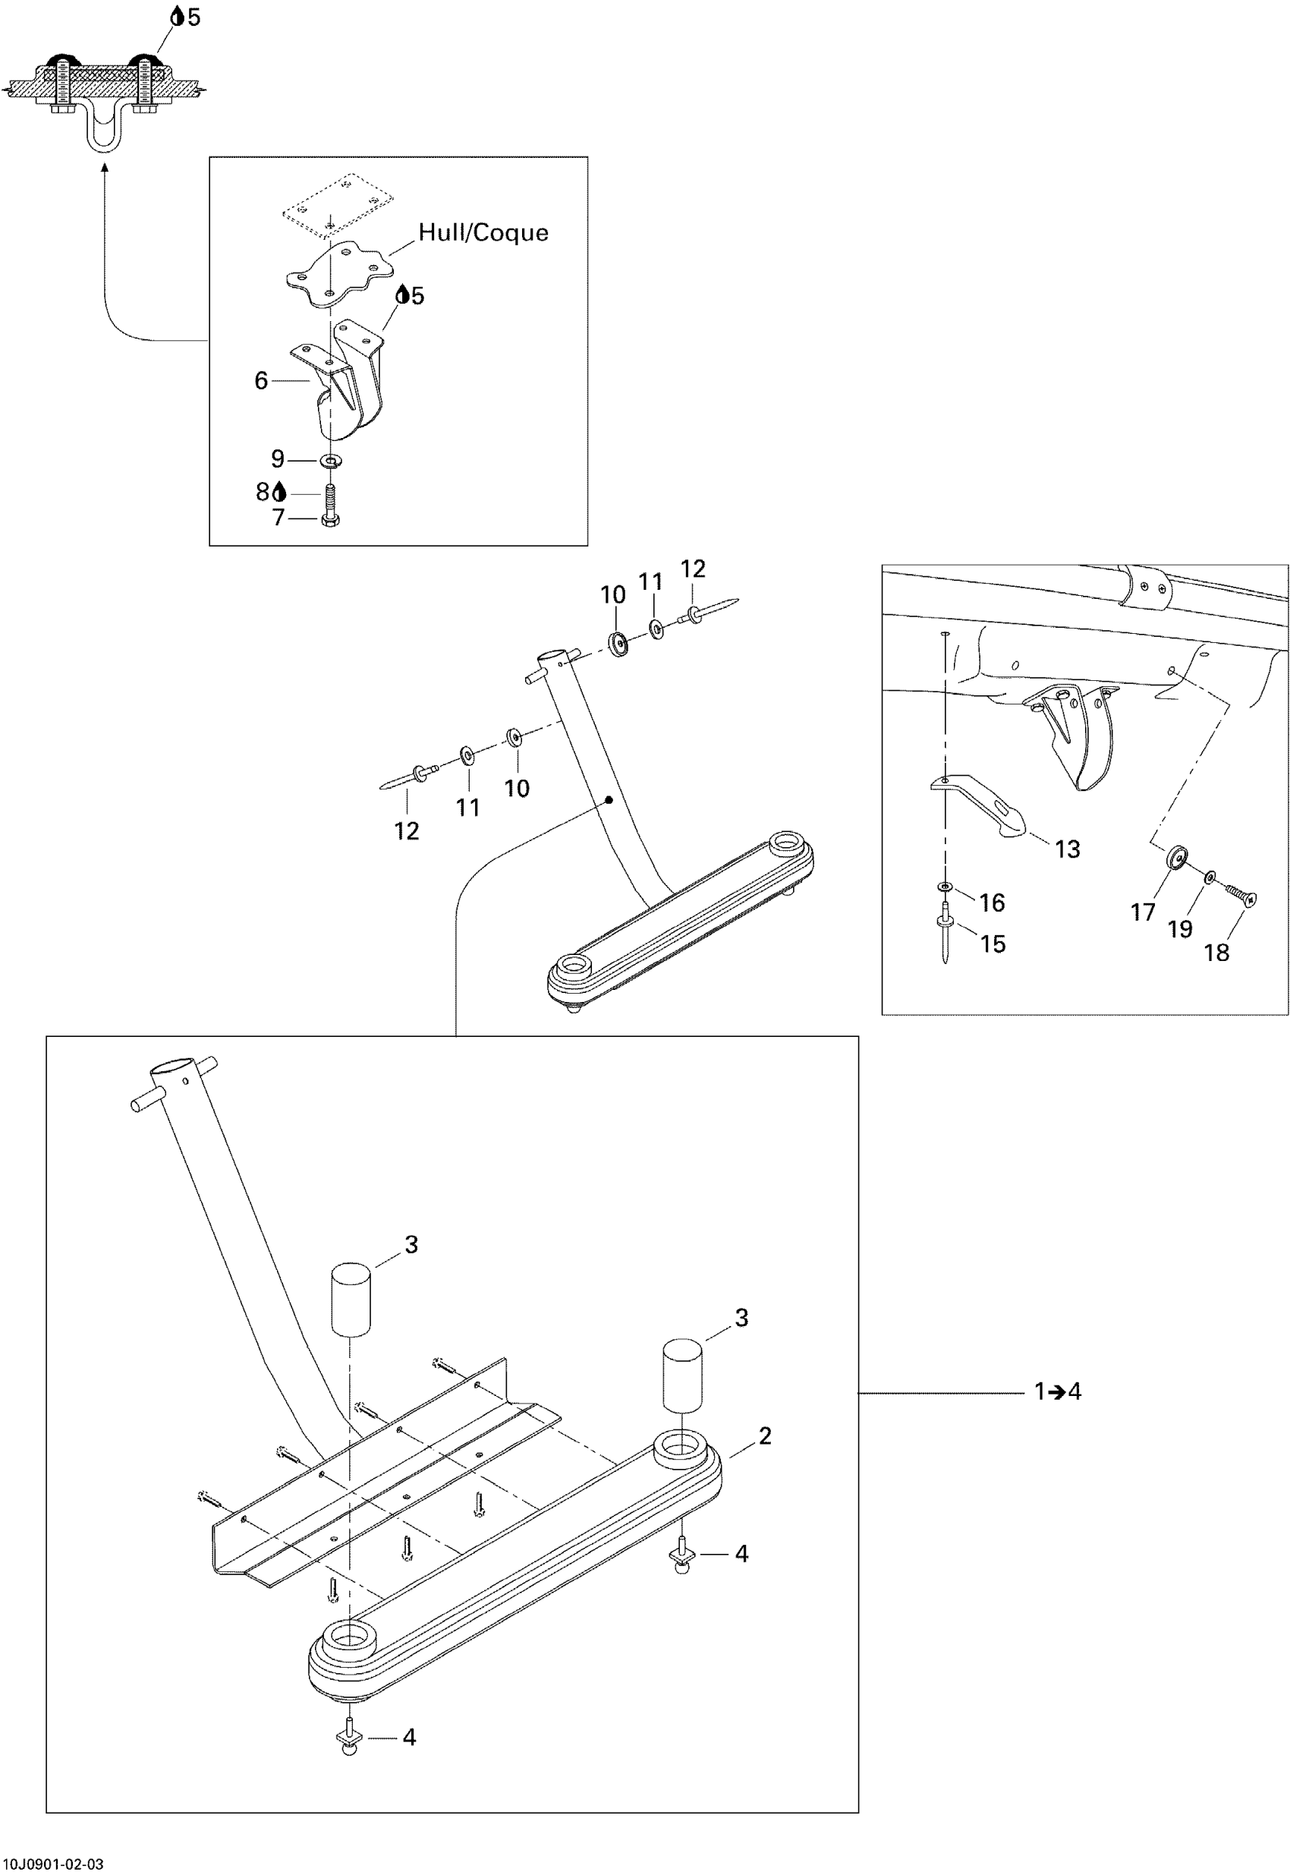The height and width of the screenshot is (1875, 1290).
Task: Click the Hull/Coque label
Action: click(x=483, y=233)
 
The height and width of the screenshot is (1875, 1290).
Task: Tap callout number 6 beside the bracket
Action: click(x=261, y=381)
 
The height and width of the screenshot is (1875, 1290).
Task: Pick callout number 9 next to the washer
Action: click(x=277, y=459)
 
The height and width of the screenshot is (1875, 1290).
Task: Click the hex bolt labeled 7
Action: click(x=330, y=517)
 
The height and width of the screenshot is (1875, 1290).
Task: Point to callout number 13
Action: click(x=1067, y=849)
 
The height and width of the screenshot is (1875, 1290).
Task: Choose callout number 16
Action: click(x=992, y=903)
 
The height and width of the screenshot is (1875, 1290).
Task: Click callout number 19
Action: click(x=1180, y=929)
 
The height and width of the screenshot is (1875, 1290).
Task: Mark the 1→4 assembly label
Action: click(x=1057, y=1391)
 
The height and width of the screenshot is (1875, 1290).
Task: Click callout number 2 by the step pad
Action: click(x=765, y=1436)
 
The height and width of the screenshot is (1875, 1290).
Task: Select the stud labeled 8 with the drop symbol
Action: click(x=330, y=493)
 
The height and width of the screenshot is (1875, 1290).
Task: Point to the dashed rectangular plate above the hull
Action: click(x=338, y=206)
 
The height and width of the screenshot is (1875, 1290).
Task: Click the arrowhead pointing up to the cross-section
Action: click(x=105, y=166)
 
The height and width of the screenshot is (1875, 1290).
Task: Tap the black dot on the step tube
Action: click(x=609, y=799)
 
